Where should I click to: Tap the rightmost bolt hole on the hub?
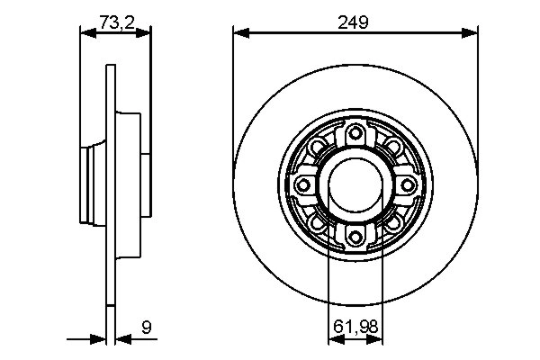(407, 184)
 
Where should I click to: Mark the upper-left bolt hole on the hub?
(318, 148)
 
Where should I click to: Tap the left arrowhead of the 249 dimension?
(240, 34)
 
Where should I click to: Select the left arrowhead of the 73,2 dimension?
(87, 34)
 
